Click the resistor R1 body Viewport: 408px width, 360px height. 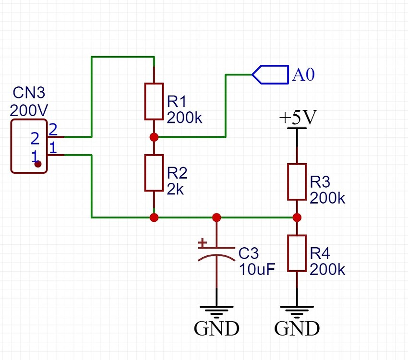154,101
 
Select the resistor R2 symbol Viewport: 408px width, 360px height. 154,173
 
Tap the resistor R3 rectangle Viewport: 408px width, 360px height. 297,181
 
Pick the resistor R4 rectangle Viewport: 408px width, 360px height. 297,253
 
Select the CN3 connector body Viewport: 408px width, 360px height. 29,146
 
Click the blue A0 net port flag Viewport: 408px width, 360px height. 270,74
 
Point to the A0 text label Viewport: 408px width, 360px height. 303,75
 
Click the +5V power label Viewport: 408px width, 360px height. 297,117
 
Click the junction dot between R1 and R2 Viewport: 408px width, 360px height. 154,137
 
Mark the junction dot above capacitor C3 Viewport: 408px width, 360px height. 216,217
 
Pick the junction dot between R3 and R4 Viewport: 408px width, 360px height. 297,217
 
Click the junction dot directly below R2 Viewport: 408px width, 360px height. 154,217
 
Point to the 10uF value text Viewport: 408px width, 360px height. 257,269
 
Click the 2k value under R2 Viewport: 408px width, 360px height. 176,189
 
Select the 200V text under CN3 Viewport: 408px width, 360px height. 29,111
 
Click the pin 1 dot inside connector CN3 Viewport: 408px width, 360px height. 38,164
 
